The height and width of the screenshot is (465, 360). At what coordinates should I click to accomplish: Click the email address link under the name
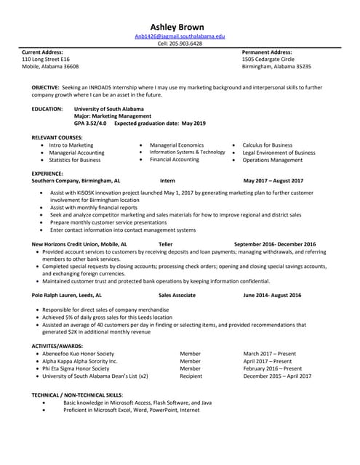pyautogui.click(x=180, y=36)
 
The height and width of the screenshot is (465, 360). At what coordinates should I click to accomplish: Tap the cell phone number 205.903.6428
pyautogui.click(x=180, y=44)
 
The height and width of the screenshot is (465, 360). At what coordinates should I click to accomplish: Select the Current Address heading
pyautogui.click(x=42, y=52)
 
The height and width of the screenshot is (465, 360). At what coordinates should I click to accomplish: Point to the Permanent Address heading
pyautogui.click(x=267, y=52)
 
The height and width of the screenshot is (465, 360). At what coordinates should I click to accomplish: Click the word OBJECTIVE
pyautogui.click(x=46, y=87)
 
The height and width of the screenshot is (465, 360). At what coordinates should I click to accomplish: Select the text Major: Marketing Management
pyautogui.click(x=113, y=116)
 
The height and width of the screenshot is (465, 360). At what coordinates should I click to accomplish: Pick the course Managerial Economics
pyautogui.click(x=177, y=145)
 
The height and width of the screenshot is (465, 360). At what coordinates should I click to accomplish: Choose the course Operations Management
pyautogui.click(x=273, y=160)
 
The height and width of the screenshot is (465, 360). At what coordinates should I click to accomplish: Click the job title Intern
pyautogui.click(x=167, y=180)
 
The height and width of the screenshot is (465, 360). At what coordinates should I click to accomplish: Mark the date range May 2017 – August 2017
pyautogui.click(x=273, y=180)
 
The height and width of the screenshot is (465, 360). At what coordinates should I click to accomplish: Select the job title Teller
pyautogui.click(x=165, y=244)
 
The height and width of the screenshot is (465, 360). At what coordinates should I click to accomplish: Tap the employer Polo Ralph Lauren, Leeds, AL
pyautogui.click(x=67, y=296)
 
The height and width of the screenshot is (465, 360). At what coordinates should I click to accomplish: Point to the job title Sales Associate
pyautogui.click(x=177, y=296)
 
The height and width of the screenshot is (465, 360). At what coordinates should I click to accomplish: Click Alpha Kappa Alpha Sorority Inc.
pyautogui.click(x=79, y=361)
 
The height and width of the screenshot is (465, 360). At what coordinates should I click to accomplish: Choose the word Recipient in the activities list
pyautogui.click(x=191, y=376)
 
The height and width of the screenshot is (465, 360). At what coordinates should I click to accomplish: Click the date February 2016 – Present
pyautogui.click(x=273, y=368)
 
